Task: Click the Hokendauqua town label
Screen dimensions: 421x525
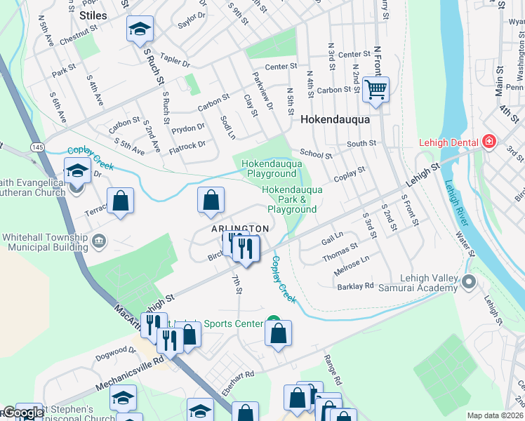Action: [335, 120]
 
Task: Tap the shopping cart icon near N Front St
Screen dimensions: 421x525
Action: [376, 89]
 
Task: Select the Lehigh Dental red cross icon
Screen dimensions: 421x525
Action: [489, 142]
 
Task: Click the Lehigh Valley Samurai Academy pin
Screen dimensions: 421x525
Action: [470, 282]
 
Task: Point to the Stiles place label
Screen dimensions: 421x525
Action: [93, 15]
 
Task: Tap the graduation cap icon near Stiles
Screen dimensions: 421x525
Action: [140, 29]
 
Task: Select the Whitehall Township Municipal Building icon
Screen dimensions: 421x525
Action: [99, 243]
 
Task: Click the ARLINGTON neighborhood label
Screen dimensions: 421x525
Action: [239, 229]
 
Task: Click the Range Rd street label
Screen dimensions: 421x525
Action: [332, 370]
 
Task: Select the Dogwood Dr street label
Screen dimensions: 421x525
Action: [113, 349]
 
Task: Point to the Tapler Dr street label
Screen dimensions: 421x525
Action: [175, 62]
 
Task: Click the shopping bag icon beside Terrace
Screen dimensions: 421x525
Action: [121, 201]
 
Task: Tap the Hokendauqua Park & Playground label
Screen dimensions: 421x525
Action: [292, 199]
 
